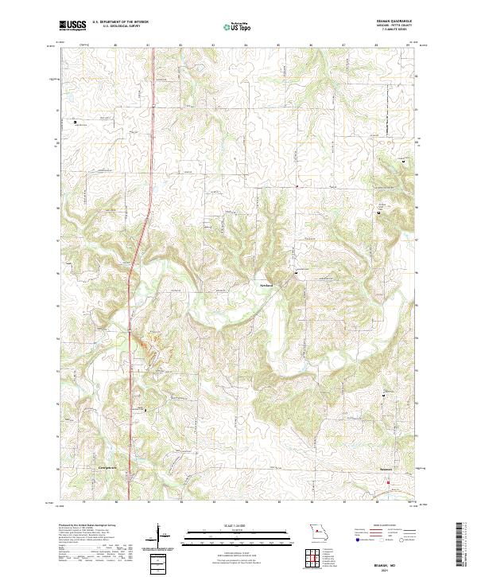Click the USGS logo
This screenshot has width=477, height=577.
point(72,25)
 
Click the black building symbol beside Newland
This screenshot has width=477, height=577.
point(297,274)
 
